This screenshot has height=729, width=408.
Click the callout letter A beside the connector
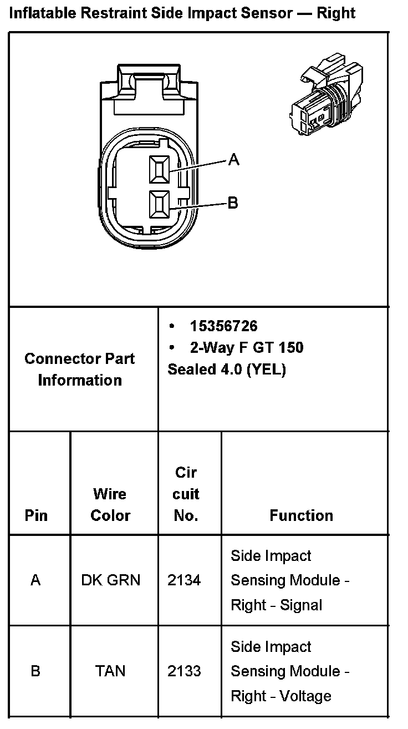tap(234, 160)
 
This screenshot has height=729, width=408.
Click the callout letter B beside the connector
tap(233, 203)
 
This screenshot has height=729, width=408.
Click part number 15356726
tap(223, 326)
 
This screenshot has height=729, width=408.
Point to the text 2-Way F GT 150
tap(247, 348)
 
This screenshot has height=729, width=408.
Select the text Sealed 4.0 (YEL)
tap(226, 369)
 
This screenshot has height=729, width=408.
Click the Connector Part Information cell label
tap(80, 369)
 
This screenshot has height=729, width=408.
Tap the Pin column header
tap(37, 515)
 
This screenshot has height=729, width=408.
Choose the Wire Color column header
tap(110, 504)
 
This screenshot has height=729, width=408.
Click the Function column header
tap(301, 515)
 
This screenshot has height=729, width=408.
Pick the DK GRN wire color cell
tap(111, 580)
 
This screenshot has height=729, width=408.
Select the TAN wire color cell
tap(110, 671)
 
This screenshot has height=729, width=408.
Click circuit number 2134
tap(184, 580)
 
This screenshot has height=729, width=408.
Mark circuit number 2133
tap(184, 671)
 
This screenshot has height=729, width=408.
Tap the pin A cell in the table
tap(36, 580)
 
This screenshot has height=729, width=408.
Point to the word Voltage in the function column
tap(305, 696)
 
